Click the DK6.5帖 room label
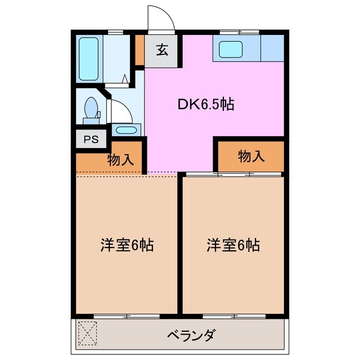(206, 104)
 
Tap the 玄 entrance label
(162, 50)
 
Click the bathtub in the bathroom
(88, 59)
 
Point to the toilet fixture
(91, 109)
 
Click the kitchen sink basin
(231, 49)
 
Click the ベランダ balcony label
(191, 336)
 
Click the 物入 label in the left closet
(120, 159)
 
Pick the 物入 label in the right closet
(251, 156)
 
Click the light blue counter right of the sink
(272, 48)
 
